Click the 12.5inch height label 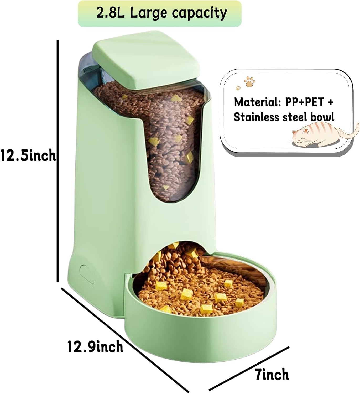coord(28,155)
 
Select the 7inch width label coord(272,374)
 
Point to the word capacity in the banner coord(199,13)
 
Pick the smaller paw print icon coord(238,87)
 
